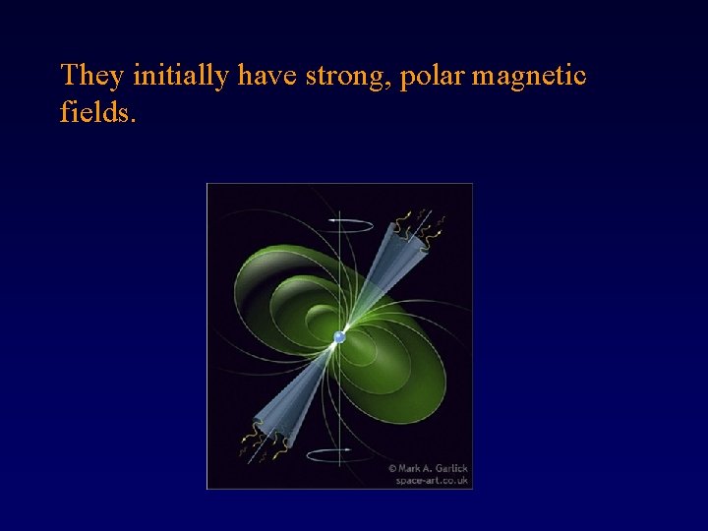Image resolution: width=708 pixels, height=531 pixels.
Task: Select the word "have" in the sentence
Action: point(268,76)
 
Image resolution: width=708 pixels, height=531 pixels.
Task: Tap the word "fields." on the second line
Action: point(98,112)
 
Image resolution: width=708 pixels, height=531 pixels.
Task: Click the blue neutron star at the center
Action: point(339,337)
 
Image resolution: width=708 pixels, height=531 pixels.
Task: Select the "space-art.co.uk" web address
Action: point(433,480)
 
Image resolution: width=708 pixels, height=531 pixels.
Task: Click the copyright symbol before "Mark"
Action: point(392,468)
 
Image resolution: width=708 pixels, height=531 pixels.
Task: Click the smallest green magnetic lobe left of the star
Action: point(321,321)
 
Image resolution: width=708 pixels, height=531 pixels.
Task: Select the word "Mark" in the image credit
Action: point(410,468)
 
